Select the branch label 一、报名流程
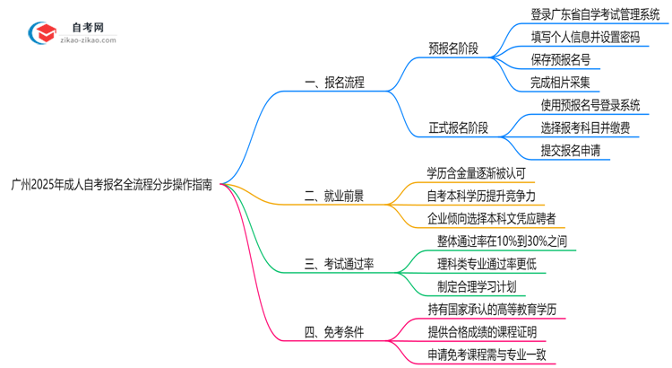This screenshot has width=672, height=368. [x=334, y=83]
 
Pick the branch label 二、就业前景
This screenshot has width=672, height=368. [x=334, y=195]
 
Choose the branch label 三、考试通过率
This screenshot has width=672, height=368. [x=340, y=264]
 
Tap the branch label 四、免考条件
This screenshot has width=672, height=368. [x=334, y=333]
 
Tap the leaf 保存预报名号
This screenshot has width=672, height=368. [x=561, y=61]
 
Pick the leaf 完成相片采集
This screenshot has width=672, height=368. [x=561, y=83]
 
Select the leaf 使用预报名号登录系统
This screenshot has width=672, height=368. [x=590, y=106]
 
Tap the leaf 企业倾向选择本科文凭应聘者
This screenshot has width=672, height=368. [x=491, y=217]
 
